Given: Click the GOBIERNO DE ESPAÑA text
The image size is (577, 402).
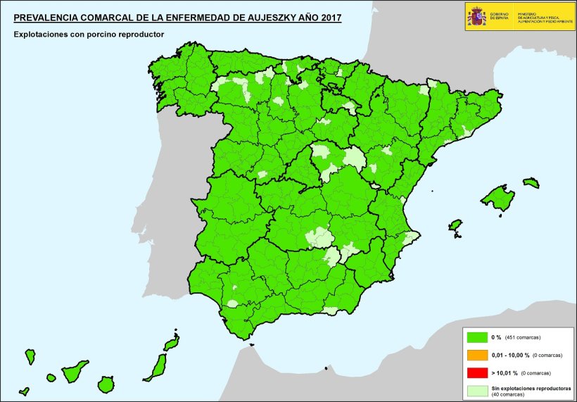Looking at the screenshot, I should [x=500, y=16].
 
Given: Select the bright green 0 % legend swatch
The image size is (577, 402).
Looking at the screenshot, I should [x=476, y=337].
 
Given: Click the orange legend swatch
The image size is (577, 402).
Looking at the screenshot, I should [x=476, y=355].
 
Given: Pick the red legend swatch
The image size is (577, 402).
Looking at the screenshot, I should [x=476, y=372].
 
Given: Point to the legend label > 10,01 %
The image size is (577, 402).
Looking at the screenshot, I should [x=505, y=372].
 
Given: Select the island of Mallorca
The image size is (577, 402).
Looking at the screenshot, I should [x=499, y=198].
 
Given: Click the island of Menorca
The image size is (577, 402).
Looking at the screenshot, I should [x=531, y=183].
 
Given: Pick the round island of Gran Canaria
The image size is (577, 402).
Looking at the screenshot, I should [x=106, y=384].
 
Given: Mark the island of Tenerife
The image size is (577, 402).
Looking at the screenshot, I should [x=74, y=370].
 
